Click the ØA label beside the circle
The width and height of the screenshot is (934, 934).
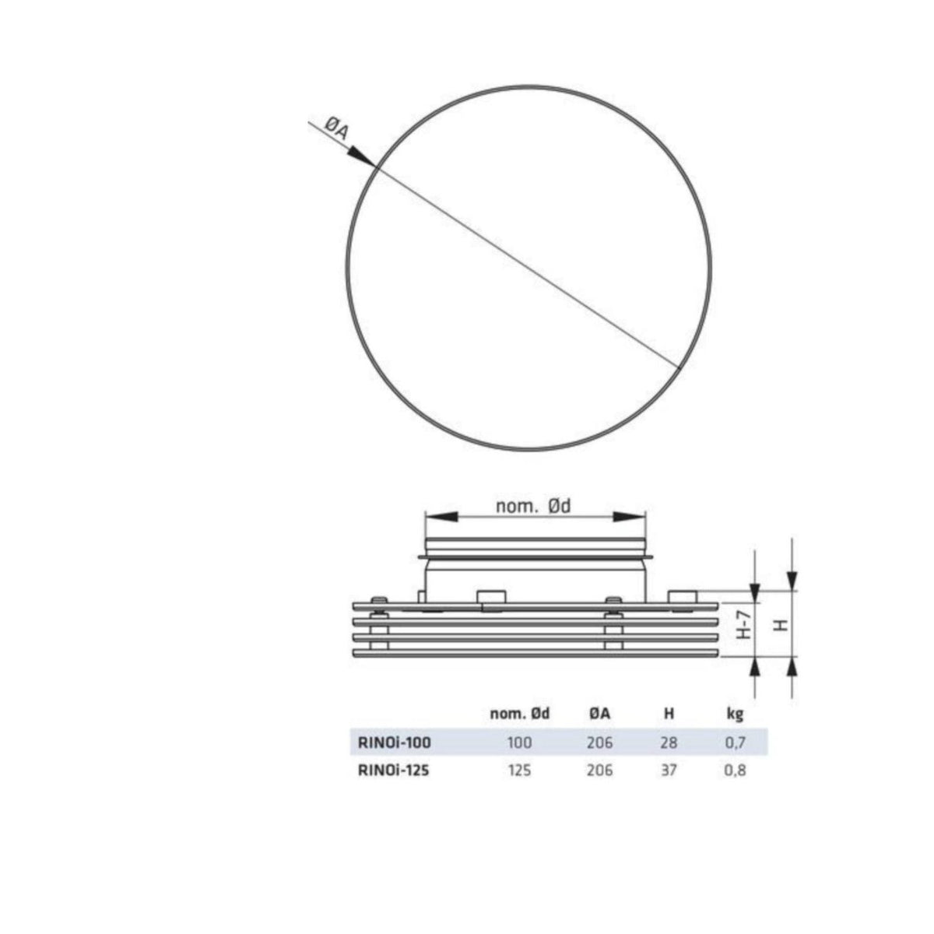335,130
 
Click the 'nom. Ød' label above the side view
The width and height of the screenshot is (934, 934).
534,506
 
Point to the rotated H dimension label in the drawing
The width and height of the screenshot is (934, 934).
781,625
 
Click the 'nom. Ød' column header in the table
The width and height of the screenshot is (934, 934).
520,714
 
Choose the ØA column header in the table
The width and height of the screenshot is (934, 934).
600,714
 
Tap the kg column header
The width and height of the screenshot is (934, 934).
736,715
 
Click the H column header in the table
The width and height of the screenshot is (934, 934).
669,714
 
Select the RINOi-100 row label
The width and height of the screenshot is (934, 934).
394,743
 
